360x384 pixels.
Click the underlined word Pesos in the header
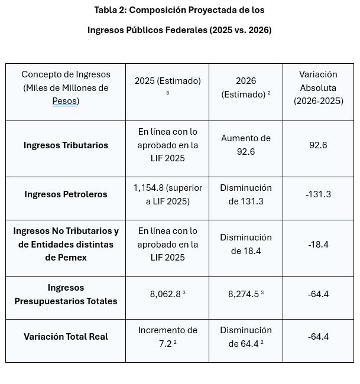64,101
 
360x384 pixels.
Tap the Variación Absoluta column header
319,87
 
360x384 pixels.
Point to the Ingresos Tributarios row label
66,145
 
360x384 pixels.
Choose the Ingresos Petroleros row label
66,194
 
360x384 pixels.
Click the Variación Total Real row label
66,337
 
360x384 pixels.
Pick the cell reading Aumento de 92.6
246,145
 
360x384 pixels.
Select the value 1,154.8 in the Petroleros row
148,188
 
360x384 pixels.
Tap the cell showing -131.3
319,194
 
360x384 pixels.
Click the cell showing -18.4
319,245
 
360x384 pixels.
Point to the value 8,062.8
165,294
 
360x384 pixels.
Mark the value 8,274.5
244,294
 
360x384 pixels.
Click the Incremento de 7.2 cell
168,337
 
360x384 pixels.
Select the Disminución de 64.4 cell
246,337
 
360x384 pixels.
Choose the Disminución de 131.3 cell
246,194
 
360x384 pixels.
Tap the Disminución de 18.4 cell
246,244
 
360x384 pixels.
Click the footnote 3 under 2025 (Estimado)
168,93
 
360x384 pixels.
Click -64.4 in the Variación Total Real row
319,337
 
